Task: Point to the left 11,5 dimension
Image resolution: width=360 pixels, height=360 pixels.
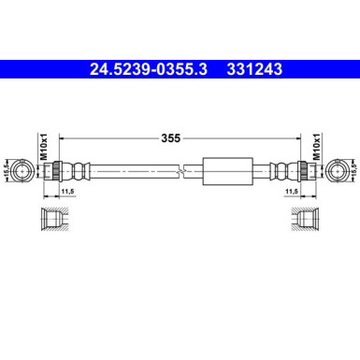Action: [67, 192]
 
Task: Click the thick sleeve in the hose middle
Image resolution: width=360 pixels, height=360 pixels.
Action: [225, 171]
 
